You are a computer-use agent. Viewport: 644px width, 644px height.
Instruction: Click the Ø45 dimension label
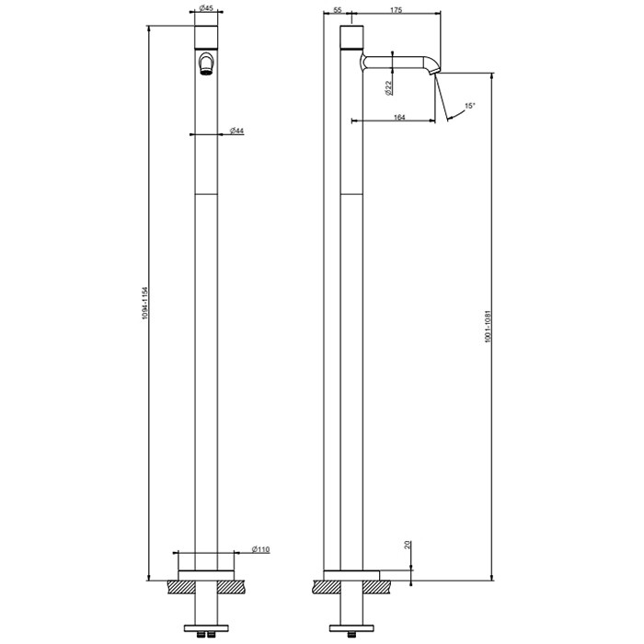[x=207, y=9]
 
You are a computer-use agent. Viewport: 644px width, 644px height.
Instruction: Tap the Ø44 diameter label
[x=236, y=132]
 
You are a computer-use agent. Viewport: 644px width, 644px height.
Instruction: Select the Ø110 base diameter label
[x=260, y=549]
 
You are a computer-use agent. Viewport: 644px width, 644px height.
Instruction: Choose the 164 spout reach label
[x=399, y=116]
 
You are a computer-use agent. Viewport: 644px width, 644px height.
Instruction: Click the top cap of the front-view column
[x=207, y=36]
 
